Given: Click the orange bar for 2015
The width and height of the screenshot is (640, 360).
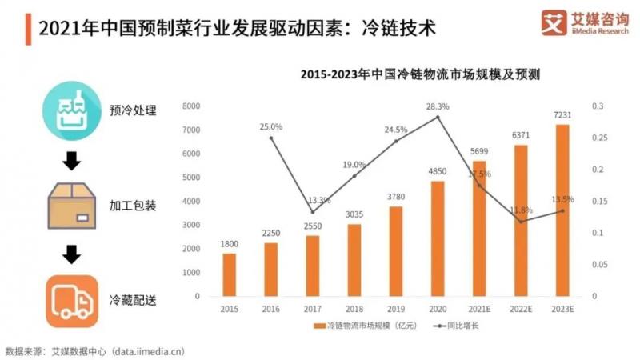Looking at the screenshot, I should pyautogui.click(x=229, y=274).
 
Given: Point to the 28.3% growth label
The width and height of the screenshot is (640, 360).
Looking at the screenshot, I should pyautogui.click(x=438, y=106).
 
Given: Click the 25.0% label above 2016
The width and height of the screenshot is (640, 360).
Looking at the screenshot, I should pyautogui.click(x=271, y=126).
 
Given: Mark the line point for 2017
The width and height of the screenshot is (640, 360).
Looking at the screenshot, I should pyautogui.click(x=312, y=212).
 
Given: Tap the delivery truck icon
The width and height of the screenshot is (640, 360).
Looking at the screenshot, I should pyautogui.click(x=72, y=300).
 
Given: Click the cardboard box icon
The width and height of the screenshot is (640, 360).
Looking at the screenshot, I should pyautogui.click(x=72, y=205).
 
